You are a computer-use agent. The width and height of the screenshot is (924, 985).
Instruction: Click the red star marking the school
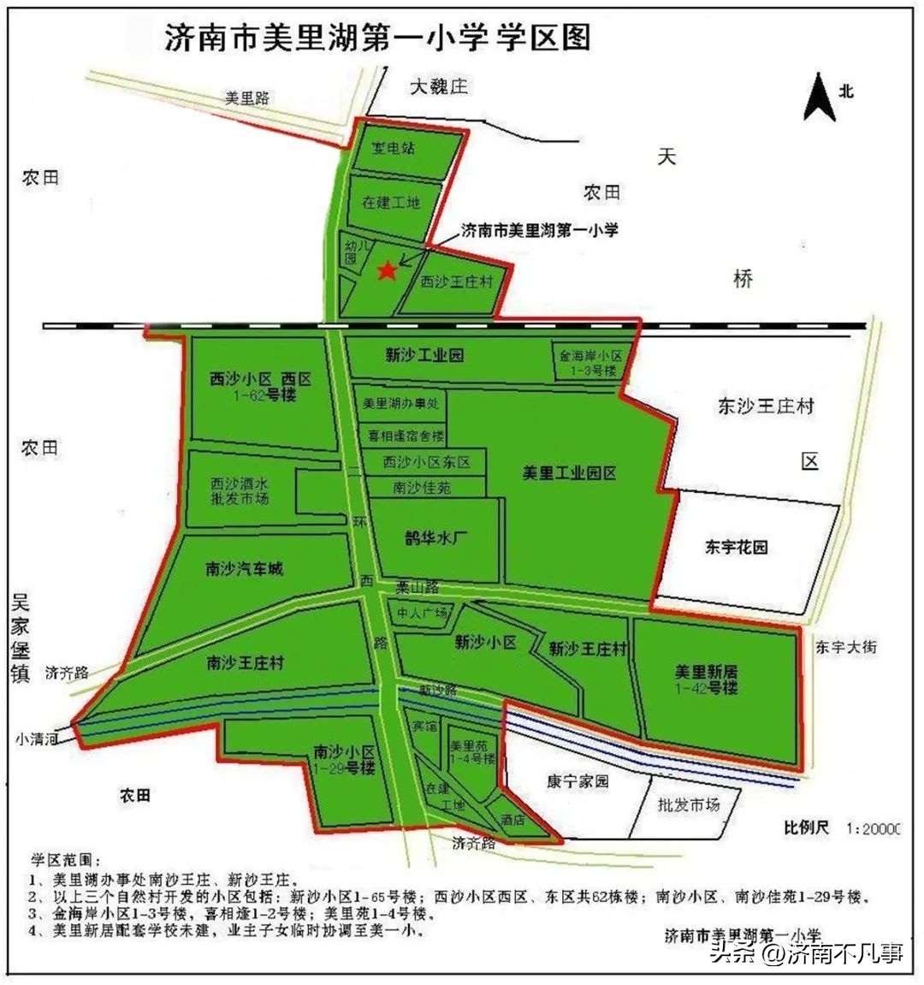(x=387, y=270)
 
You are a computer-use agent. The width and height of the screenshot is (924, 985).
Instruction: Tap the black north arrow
(x=819, y=98)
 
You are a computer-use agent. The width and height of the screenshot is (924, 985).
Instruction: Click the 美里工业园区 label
(x=570, y=472)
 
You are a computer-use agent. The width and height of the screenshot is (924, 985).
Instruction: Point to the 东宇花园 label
(x=737, y=547)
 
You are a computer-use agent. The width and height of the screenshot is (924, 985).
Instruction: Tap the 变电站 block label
(x=394, y=148)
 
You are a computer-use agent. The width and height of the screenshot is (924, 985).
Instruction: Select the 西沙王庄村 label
(x=457, y=282)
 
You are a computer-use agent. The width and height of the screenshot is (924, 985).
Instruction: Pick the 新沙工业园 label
(x=424, y=354)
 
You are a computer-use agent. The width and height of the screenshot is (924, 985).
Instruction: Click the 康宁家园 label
(x=577, y=781)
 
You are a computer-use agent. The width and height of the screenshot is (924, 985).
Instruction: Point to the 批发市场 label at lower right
(x=689, y=804)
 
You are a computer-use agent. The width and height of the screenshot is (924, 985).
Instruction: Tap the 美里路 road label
(x=246, y=98)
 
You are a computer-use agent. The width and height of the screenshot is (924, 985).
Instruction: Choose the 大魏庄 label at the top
(x=439, y=86)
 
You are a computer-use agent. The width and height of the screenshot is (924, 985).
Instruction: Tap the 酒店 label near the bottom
(x=513, y=819)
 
